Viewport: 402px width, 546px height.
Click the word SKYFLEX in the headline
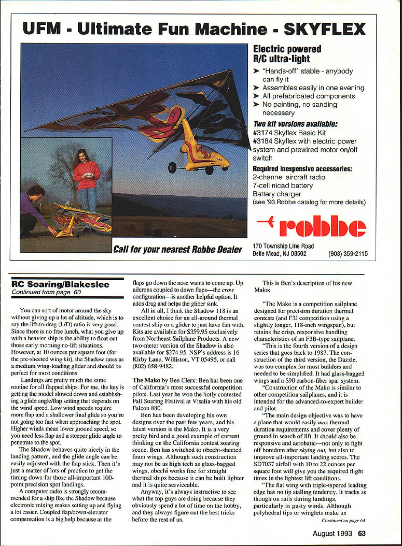pos(325,29)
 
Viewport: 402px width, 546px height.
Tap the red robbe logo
pos(322,226)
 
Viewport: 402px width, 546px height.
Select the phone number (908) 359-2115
pos(348,254)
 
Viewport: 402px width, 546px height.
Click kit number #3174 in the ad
pos(262,133)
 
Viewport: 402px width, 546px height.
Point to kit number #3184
pos(262,141)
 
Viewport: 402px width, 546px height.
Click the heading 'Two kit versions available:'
pos(295,124)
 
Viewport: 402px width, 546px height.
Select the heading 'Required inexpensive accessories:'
pos(302,169)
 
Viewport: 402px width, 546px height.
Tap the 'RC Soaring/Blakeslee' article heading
pos(60,285)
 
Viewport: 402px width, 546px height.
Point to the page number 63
pos(362,533)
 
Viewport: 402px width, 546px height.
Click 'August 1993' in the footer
pos(332,533)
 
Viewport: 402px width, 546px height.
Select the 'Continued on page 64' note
pos(343,521)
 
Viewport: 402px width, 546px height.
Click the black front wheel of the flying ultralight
pos(172,167)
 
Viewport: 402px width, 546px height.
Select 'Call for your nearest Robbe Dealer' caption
pos(177,249)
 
